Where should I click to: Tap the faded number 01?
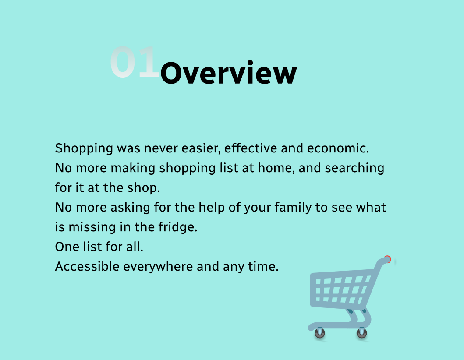click(135, 62)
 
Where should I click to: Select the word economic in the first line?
click(338, 148)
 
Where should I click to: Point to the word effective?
click(251, 148)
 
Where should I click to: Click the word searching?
click(354, 168)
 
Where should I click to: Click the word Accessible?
click(87, 266)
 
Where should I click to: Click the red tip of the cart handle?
click(387, 259)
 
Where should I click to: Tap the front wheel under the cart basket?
click(319, 333)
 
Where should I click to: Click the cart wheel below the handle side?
click(361, 333)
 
